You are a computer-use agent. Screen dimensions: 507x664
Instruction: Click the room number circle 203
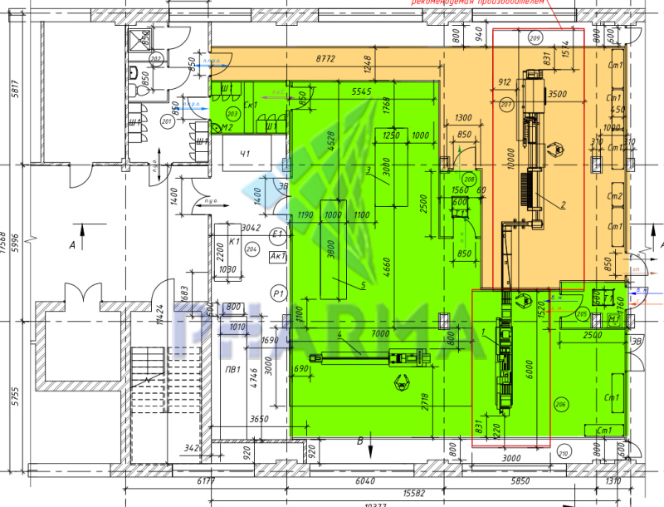[232, 113]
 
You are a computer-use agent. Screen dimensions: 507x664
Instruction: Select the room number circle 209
[535, 38]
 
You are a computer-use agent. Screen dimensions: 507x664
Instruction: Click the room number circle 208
[469, 180]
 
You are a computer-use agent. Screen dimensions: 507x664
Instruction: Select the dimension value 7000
[381, 332]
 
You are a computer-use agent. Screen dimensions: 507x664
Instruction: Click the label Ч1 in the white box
[246, 153]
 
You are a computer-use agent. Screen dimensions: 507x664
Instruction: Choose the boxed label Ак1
[278, 256]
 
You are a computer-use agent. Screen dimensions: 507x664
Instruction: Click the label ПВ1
[233, 370]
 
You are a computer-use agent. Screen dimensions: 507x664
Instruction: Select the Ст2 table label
[615, 196]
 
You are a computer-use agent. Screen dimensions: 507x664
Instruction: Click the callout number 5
[363, 285]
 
